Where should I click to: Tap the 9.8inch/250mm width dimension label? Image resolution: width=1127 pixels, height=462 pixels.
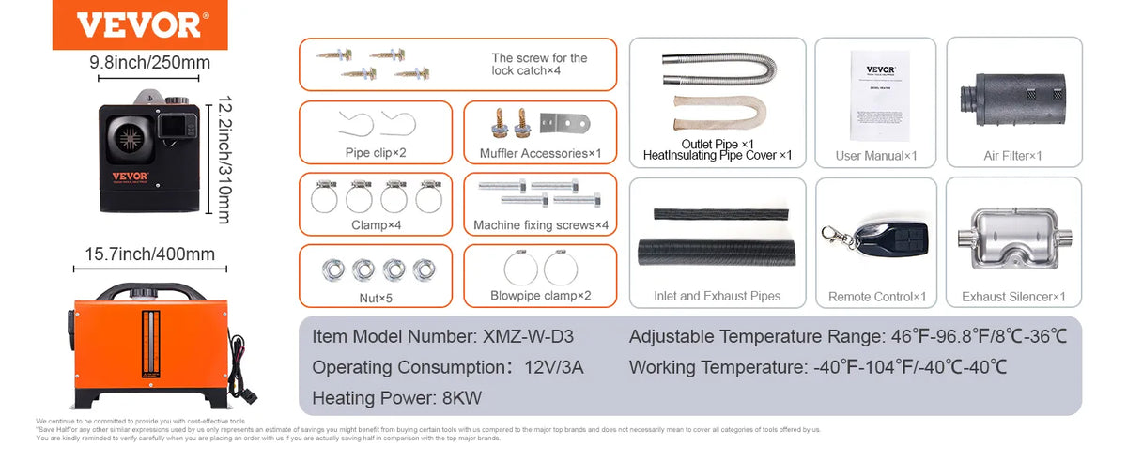point(149,63)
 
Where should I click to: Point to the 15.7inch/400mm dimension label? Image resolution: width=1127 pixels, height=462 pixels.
point(150,254)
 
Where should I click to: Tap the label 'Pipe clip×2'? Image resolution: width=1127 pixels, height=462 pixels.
point(376,153)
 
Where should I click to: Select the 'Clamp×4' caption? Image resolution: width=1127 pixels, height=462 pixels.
point(376,224)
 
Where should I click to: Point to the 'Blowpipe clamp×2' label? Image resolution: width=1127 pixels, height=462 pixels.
point(540,296)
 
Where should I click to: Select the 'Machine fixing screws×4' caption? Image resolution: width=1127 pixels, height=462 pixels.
point(541,224)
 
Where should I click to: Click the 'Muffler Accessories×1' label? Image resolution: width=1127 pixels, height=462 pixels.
point(540,153)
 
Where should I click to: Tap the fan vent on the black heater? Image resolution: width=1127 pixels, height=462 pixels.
point(132,140)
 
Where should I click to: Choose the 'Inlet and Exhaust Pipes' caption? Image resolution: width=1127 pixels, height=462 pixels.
point(717,296)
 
